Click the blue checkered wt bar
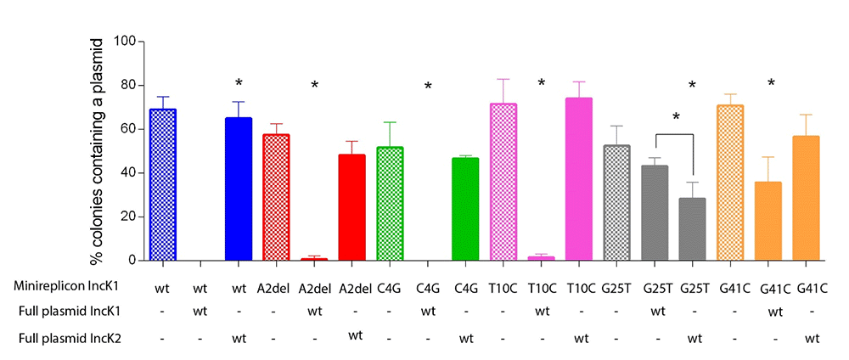pyautogui.click(x=162, y=184)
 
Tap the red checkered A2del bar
pyautogui.click(x=276, y=198)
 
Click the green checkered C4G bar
pyautogui.click(x=390, y=204)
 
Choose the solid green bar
pyautogui.click(x=465, y=209)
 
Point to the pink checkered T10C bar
pyautogui.click(x=503, y=182)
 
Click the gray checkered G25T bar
pyautogui.click(x=616, y=203)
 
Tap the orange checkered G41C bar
pyautogui.click(x=730, y=183)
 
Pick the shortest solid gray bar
pyautogui.click(x=693, y=229)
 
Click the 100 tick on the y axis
pyautogui.click(x=140, y=42)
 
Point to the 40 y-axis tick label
pyautogui.click(x=127, y=173)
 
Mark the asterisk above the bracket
pyautogui.click(x=677, y=117)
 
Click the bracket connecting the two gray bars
pyautogui.click(x=673, y=133)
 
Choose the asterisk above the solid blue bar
pyautogui.click(x=239, y=83)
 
